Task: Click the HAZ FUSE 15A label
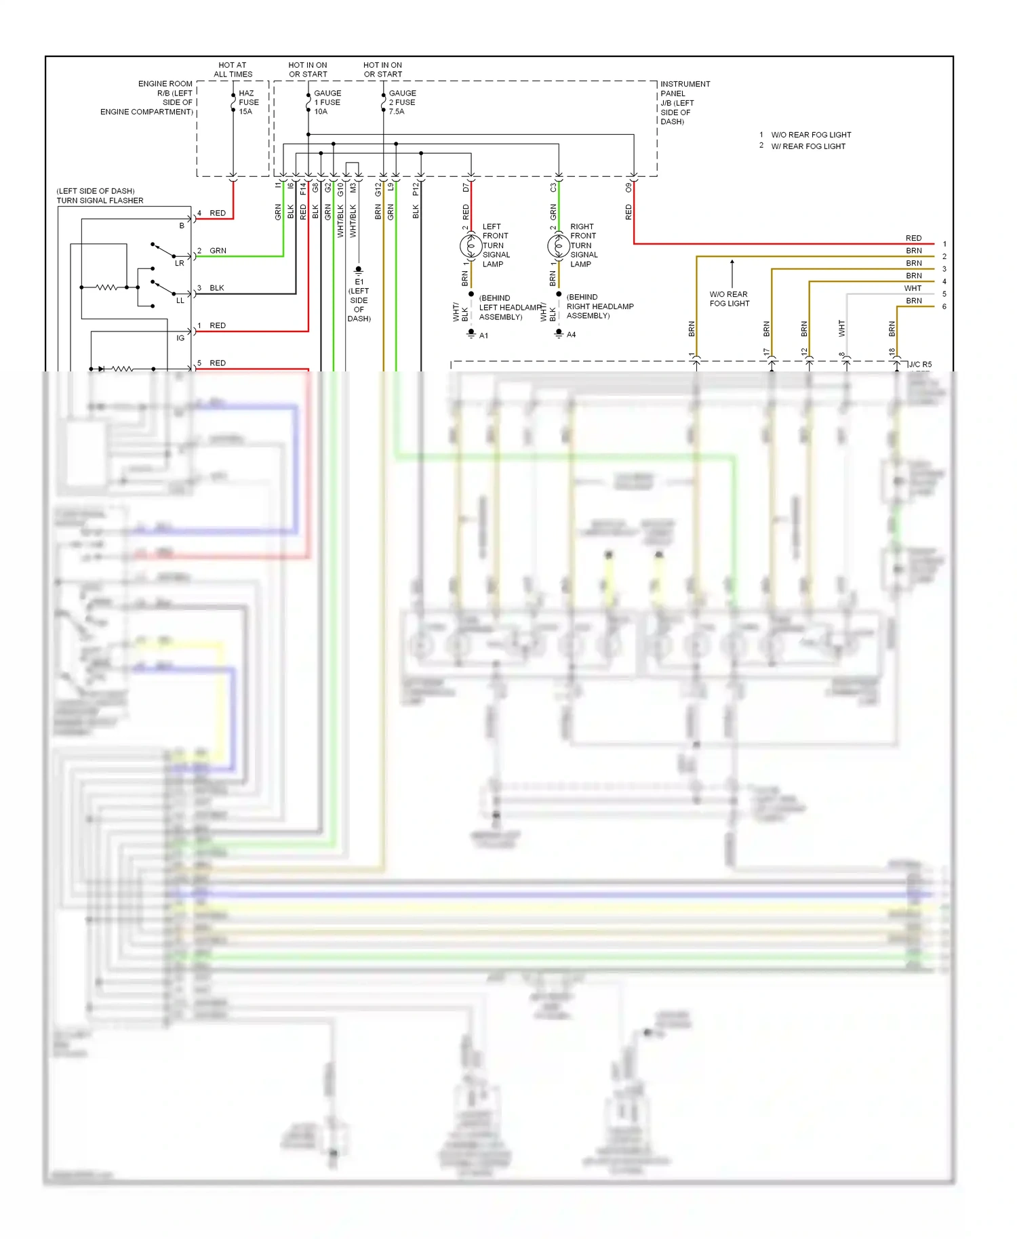click(x=248, y=102)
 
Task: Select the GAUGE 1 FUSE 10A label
click(x=327, y=102)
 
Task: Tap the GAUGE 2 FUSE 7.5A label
click(x=402, y=102)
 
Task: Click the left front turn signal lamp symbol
click(x=471, y=245)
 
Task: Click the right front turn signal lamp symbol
click(x=559, y=245)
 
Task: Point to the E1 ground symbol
click(x=359, y=270)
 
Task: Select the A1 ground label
click(x=483, y=336)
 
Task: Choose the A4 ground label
click(x=571, y=335)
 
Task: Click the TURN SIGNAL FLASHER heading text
click(x=100, y=201)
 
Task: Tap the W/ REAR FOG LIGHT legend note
click(x=807, y=146)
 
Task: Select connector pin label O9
click(x=629, y=186)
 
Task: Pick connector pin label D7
click(x=466, y=187)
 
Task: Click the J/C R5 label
click(x=920, y=365)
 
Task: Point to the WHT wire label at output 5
click(x=913, y=289)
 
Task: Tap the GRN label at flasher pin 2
click(x=218, y=251)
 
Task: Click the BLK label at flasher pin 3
click(x=216, y=288)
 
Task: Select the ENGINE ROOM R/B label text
click(x=147, y=98)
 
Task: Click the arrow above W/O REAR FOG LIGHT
click(x=732, y=271)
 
